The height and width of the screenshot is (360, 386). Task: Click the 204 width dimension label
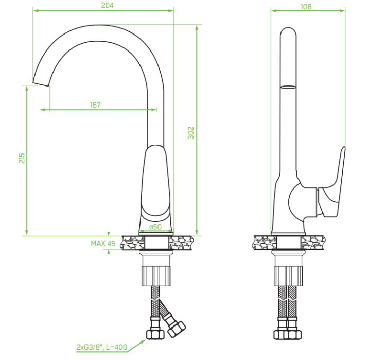(108, 5)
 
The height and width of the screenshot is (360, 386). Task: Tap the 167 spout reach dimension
(95, 105)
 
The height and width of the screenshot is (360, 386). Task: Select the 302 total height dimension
(191, 133)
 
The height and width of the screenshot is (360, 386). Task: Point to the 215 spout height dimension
(22, 158)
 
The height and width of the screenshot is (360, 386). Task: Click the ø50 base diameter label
(155, 227)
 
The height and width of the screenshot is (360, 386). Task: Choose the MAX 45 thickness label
(103, 244)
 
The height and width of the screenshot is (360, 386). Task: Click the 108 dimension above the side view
(306, 7)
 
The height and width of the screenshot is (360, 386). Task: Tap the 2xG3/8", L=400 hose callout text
(102, 347)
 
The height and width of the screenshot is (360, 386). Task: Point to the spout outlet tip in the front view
(41, 84)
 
